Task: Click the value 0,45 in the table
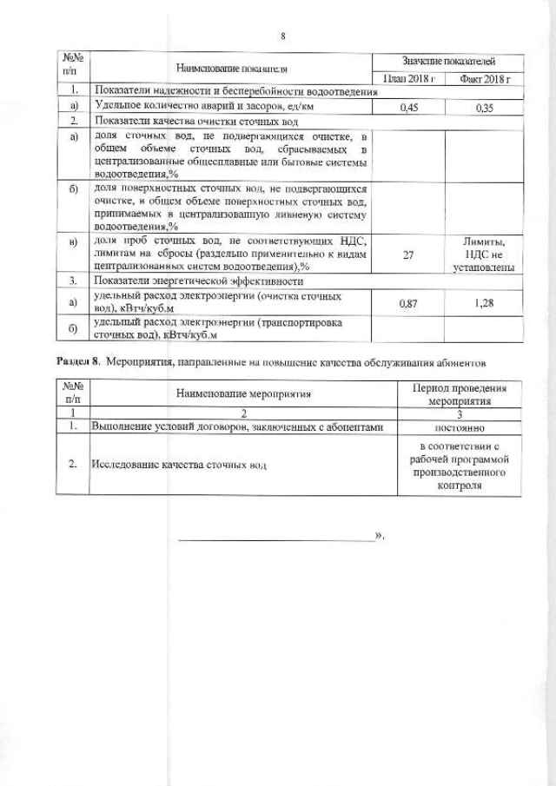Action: (x=408, y=108)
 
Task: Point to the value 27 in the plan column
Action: (x=408, y=255)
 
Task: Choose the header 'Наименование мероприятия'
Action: (x=243, y=393)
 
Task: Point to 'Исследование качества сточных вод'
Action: (x=180, y=466)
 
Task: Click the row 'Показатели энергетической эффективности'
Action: (x=199, y=281)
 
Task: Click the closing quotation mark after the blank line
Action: (x=379, y=537)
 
